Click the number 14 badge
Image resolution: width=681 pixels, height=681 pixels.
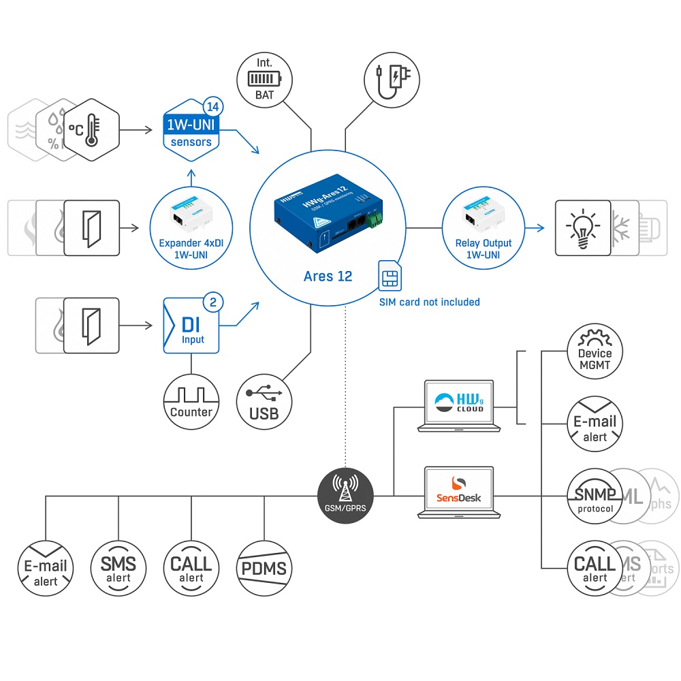point(212,107)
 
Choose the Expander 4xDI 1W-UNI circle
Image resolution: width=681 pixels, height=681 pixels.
point(191,227)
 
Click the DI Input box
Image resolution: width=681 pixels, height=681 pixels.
point(192,326)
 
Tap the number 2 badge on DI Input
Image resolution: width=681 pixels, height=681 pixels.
point(212,302)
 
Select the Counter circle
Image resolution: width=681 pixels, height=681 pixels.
point(191,401)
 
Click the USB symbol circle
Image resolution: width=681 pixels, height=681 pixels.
point(264,401)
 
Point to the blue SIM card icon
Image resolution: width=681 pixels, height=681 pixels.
point(390,276)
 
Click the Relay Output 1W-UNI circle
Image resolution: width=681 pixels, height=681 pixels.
point(484,227)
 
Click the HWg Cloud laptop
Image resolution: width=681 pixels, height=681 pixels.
point(460,406)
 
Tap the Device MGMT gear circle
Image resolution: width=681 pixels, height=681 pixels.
point(595,351)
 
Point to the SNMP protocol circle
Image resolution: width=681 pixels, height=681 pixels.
point(595,495)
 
